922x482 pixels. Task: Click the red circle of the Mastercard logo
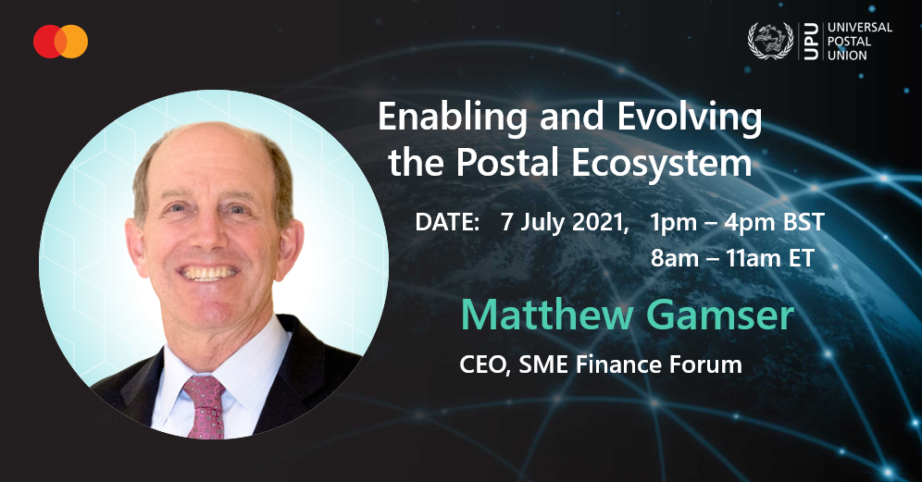(x=47, y=41)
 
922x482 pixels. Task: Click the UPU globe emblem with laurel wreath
(x=770, y=41)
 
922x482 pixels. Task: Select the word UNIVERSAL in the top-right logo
(x=860, y=27)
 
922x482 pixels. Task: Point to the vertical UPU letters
(x=811, y=41)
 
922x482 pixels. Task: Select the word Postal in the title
(x=507, y=162)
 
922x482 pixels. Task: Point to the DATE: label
(x=448, y=222)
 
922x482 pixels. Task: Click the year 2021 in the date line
(x=600, y=223)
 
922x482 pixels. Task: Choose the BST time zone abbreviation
(x=804, y=222)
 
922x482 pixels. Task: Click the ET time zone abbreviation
(x=801, y=258)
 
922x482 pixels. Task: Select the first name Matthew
(x=546, y=315)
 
